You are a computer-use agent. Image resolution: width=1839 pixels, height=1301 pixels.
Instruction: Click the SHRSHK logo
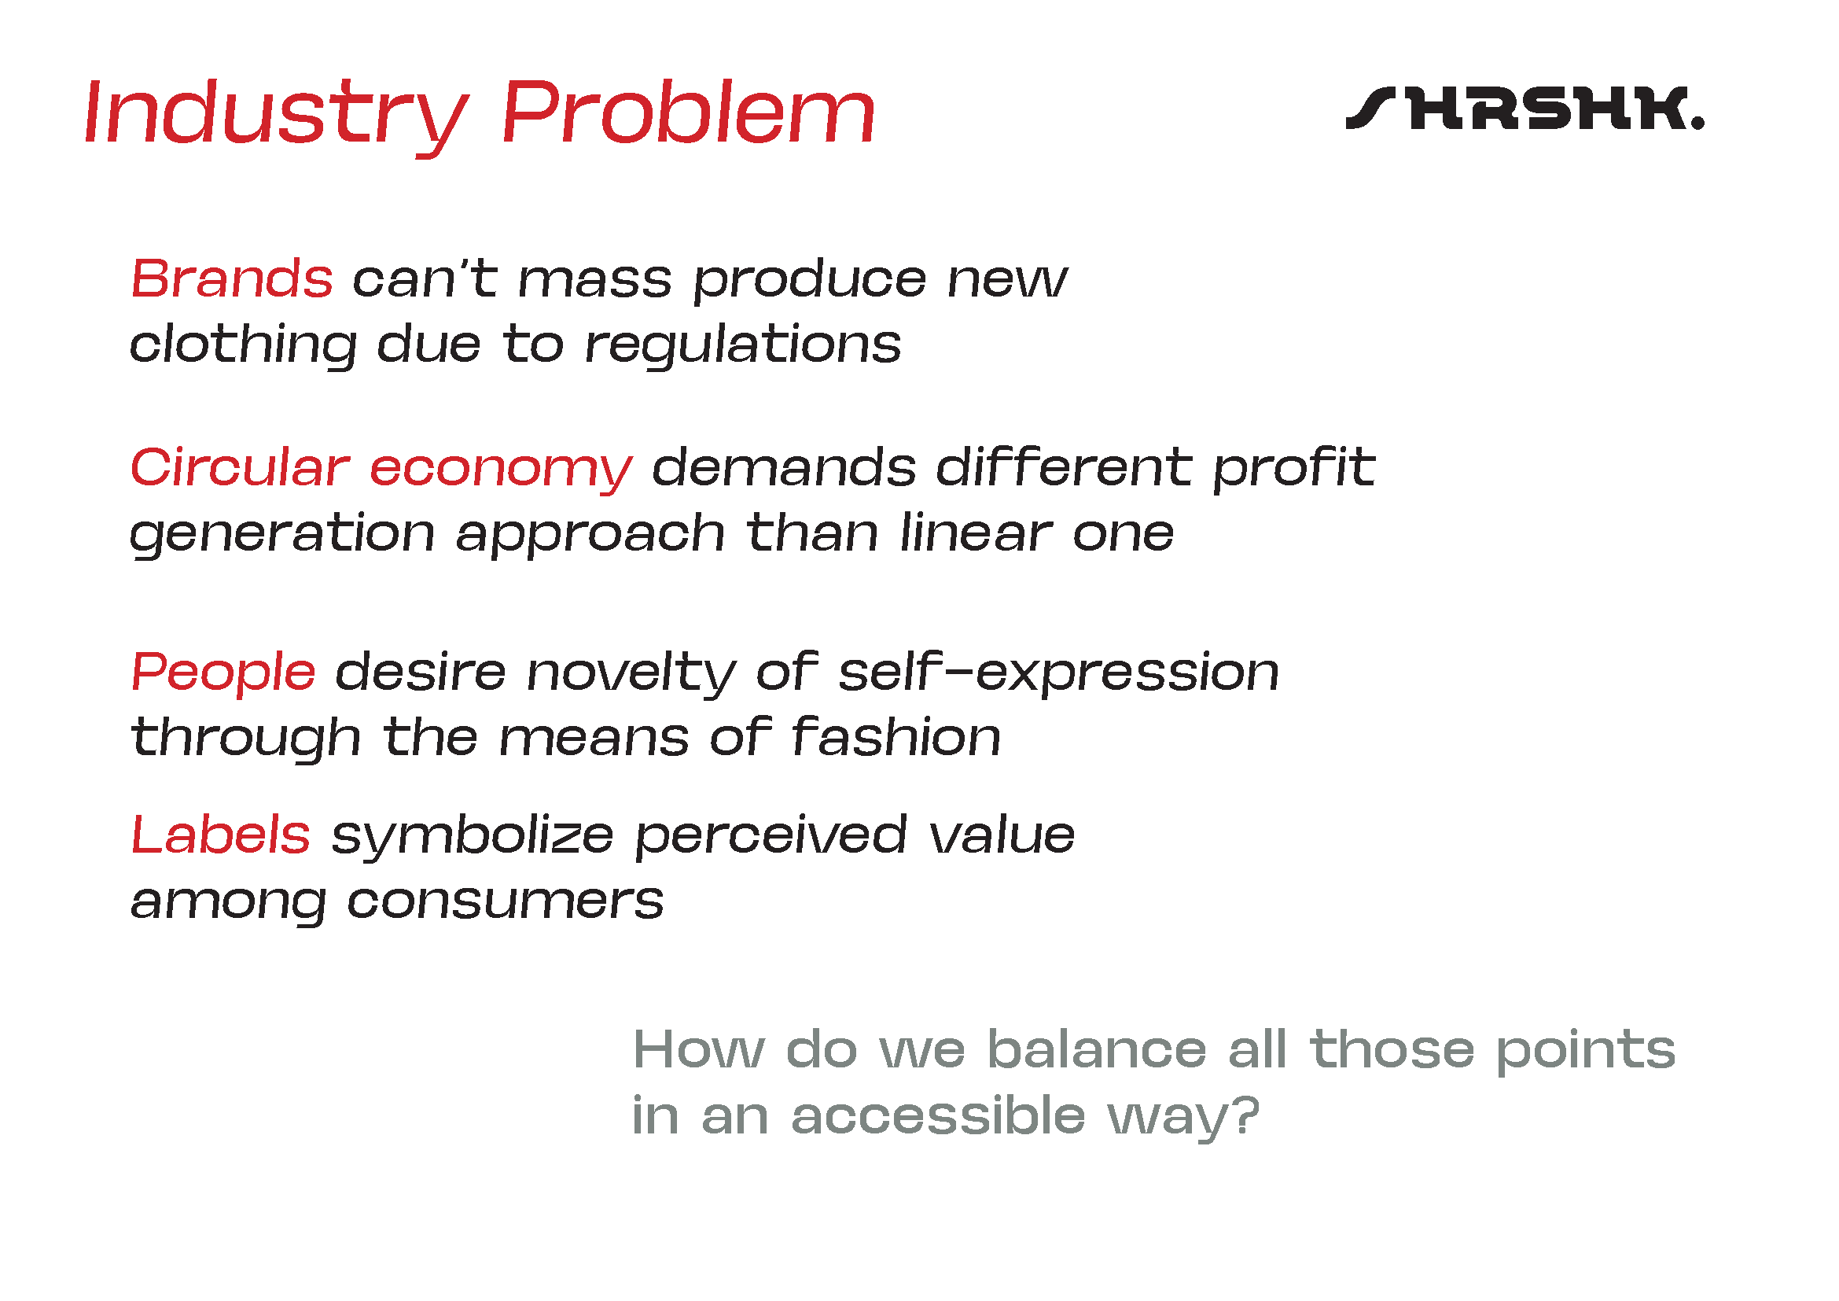point(1525,108)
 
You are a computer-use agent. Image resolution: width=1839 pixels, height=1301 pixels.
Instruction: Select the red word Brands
point(231,279)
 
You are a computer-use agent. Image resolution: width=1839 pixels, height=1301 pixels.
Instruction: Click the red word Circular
point(241,468)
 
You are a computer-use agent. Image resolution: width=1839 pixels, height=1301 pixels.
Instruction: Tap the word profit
point(1294,470)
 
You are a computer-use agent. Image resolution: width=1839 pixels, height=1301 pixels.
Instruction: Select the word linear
point(977,533)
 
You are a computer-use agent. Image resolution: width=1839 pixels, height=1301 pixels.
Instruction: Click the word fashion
point(896,737)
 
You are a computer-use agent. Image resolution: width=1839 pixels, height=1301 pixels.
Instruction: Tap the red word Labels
point(220,835)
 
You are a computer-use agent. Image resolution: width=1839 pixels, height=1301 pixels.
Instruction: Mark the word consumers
point(506,903)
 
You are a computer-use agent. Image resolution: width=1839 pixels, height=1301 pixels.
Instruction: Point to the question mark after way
point(1246,1115)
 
